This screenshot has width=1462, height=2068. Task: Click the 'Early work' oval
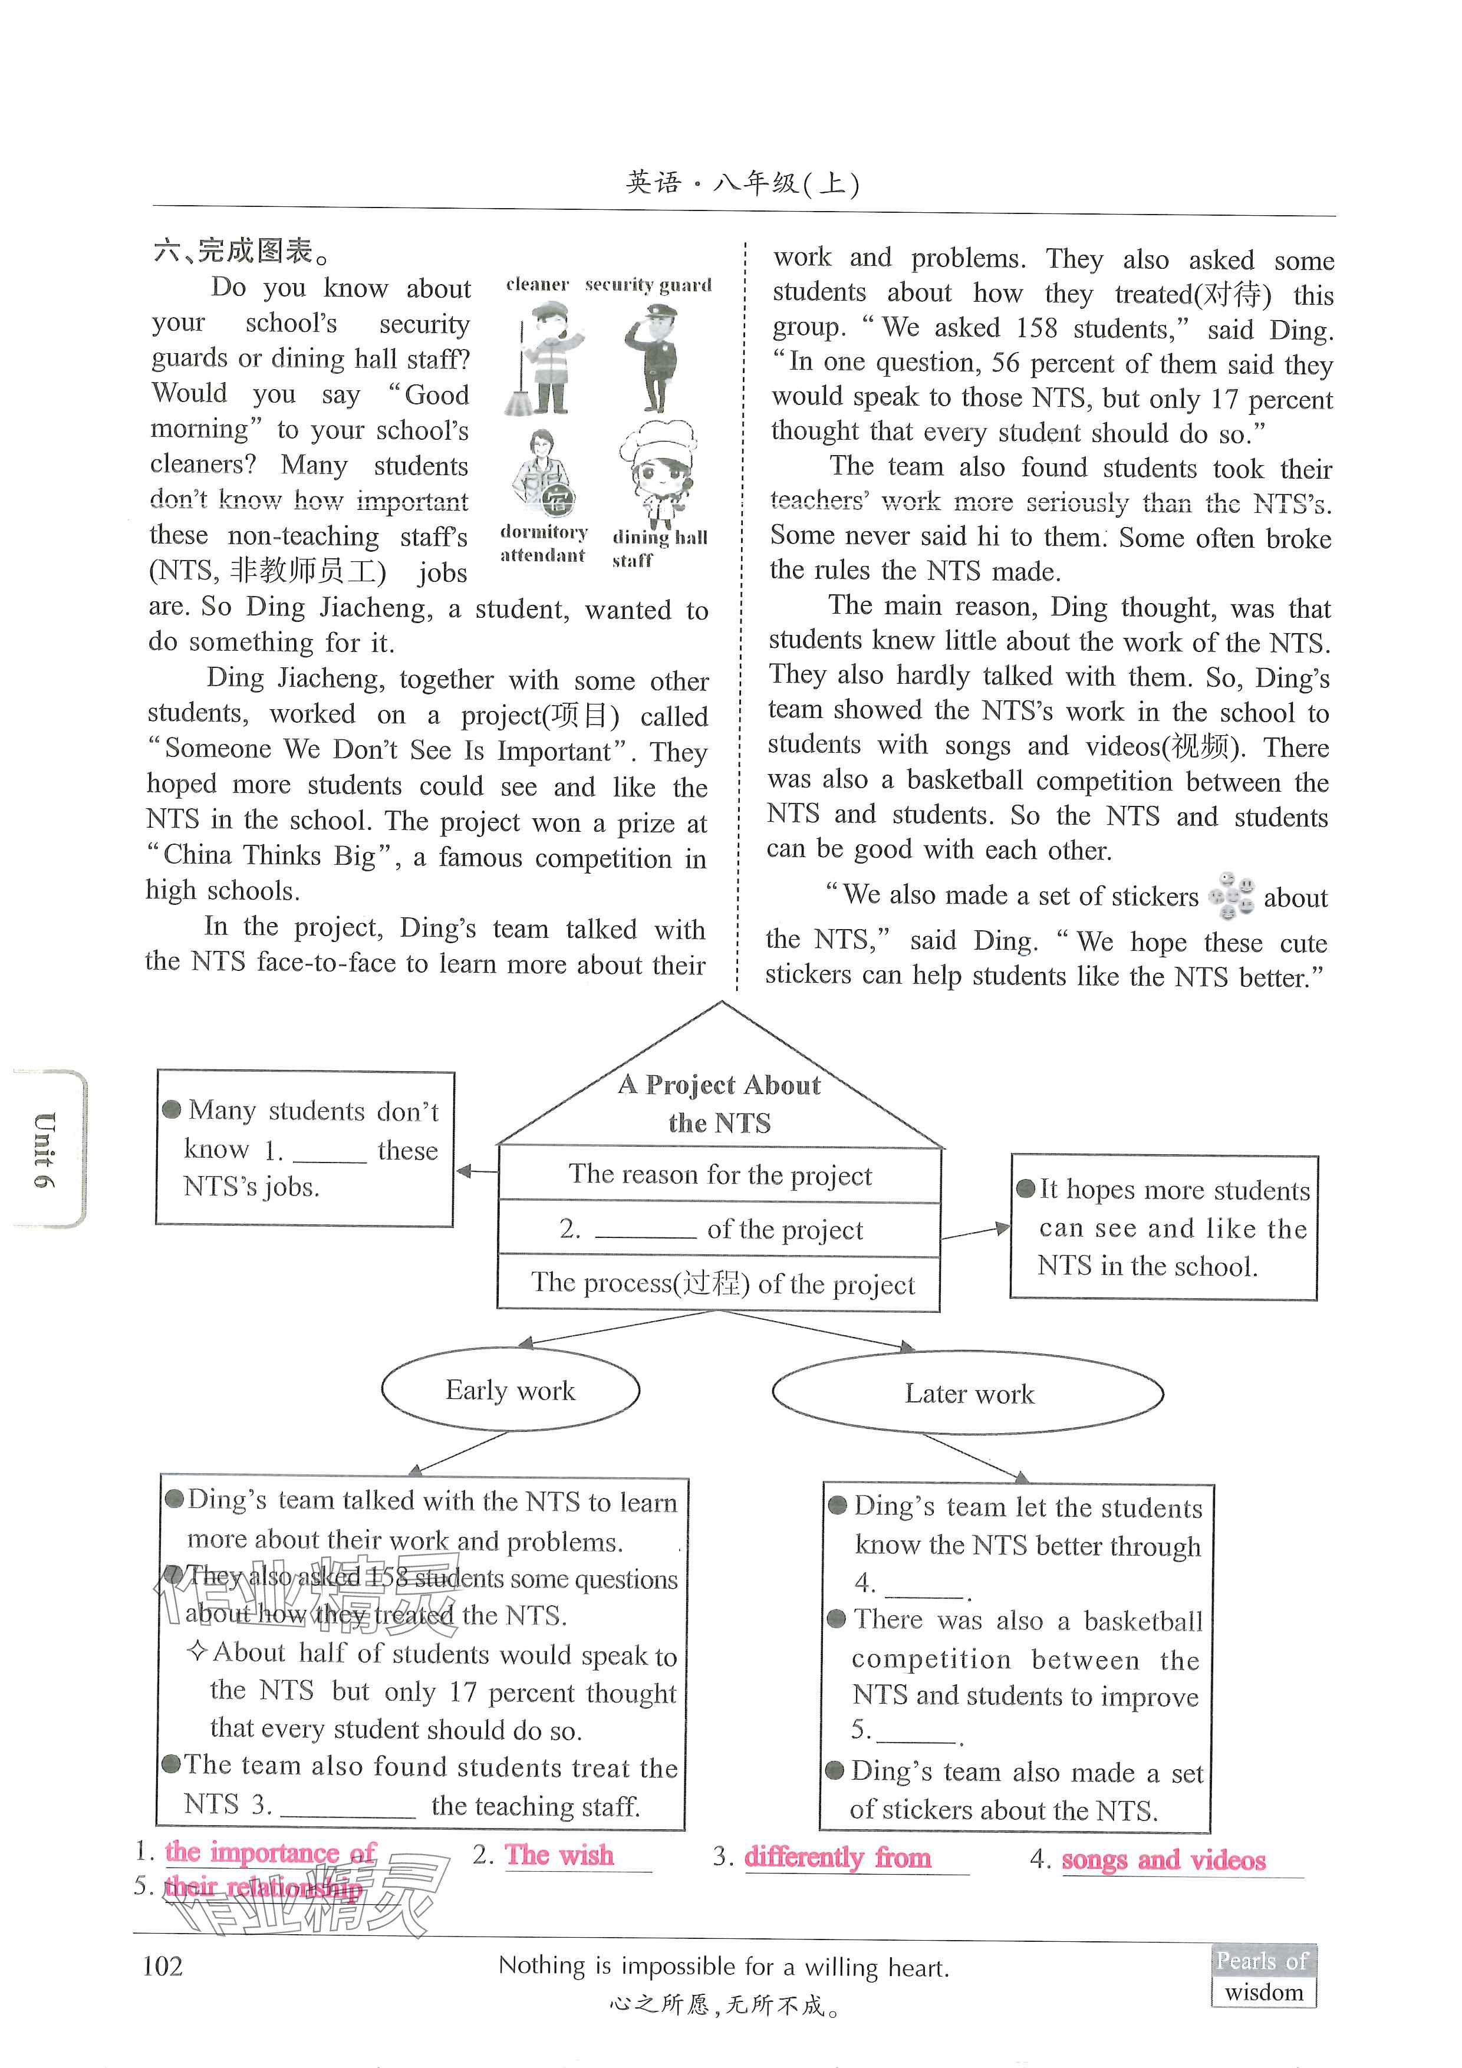(x=510, y=1391)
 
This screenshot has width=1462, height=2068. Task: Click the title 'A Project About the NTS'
(x=720, y=1104)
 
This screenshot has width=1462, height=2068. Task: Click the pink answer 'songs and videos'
(x=1163, y=1860)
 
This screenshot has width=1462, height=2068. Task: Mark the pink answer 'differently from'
(x=838, y=1857)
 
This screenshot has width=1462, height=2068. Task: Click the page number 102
(x=163, y=1966)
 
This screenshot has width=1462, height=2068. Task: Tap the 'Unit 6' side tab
(x=45, y=1150)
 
